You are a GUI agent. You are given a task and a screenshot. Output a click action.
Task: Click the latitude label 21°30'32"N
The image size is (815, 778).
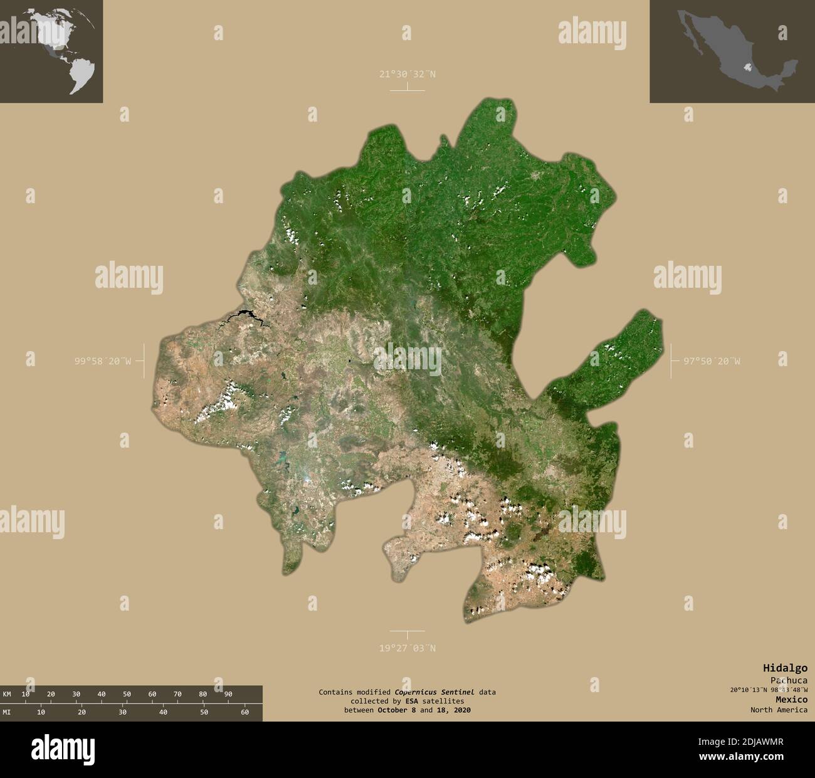pyautogui.click(x=407, y=74)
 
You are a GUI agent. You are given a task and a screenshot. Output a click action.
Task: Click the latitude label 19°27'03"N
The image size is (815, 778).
pyautogui.click(x=407, y=648)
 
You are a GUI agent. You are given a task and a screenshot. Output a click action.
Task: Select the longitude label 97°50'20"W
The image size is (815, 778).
pyautogui.click(x=711, y=360)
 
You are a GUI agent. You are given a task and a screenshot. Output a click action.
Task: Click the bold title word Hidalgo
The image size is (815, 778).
pyautogui.click(x=785, y=668)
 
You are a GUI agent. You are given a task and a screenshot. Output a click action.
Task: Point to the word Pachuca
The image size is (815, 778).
pyautogui.click(x=789, y=680)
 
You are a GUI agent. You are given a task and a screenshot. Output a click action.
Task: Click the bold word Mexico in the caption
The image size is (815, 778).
pyautogui.click(x=791, y=699)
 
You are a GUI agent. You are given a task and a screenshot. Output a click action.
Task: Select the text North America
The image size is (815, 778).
pyautogui.click(x=779, y=710)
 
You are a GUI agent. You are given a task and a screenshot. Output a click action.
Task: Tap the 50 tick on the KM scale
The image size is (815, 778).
pyautogui.click(x=127, y=694)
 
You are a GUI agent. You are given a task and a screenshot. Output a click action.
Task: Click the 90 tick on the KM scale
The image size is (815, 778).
pyautogui.click(x=228, y=694)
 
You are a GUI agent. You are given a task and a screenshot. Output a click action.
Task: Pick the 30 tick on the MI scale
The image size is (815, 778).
pyautogui.click(x=122, y=712)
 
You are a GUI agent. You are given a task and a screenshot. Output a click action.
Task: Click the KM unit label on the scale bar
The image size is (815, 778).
pyautogui.click(x=7, y=694)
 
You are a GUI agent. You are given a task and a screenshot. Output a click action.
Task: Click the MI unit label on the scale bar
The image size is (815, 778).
pyautogui.click(x=7, y=712)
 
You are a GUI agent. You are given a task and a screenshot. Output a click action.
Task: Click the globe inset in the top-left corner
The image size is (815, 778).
pyautogui.click(x=51, y=51)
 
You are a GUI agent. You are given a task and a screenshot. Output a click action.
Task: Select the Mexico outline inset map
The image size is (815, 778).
pyautogui.click(x=732, y=51)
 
